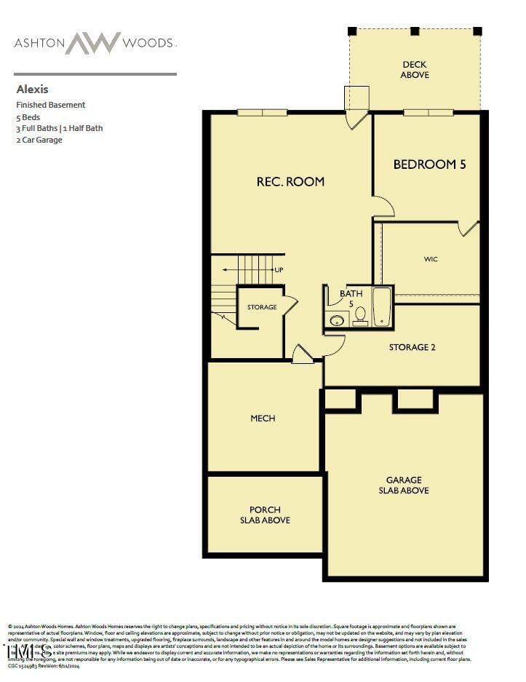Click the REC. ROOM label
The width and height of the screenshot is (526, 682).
click(290, 181)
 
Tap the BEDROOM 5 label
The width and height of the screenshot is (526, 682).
click(429, 164)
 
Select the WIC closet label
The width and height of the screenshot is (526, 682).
click(431, 259)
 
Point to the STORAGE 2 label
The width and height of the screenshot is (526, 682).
click(412, 347)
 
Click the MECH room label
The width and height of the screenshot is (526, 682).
click(263, 419)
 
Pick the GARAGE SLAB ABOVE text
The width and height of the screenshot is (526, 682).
click(404, 485)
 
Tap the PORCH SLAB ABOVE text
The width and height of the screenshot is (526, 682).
click(265, 515)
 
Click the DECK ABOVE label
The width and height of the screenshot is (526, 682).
click(415, 70)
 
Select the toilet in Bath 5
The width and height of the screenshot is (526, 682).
click(360, 315)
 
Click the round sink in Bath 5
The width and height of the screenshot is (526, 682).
click(337, 320)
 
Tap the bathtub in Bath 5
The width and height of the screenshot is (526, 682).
click(383, 307)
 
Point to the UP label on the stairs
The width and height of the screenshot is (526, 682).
click(279, 270)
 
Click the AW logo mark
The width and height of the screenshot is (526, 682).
click(92, 43)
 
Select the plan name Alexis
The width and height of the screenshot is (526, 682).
click(32, 90)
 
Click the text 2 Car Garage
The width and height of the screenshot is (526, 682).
click(39, 140)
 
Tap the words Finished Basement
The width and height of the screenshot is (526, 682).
click(51, 105)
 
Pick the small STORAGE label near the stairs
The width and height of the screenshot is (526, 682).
click(262, 307)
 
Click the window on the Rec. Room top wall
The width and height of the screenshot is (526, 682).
click(262, 112)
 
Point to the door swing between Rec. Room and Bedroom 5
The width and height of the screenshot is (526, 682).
click(383, 207)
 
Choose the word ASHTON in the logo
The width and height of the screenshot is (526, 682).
click(38, 43)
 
